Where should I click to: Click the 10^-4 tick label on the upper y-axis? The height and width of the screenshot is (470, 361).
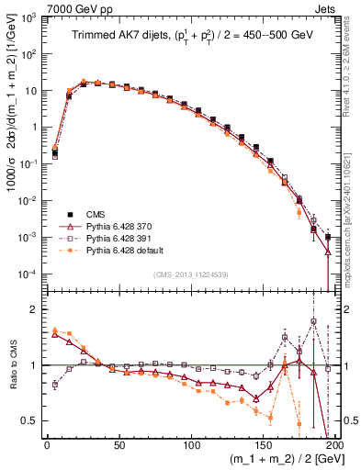[x=28, y=274]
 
